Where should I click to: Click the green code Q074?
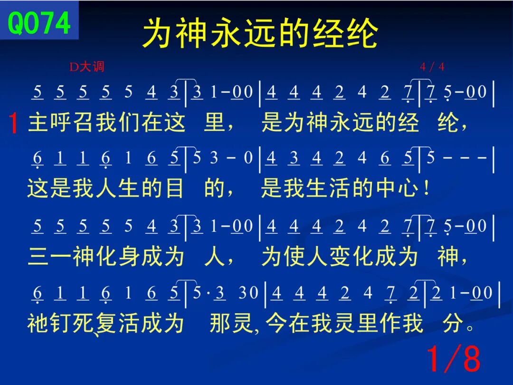click(x=39, y=22)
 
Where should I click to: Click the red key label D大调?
click(x=87, y=67)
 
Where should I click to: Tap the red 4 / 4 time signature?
click(x=432, y=67)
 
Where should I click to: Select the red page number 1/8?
click(x=454, y=358)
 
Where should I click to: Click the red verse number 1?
click(x=13, y=123)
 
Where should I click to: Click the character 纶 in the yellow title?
click(x=362, y=33)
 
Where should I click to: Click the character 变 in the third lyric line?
click(x=340, y=256)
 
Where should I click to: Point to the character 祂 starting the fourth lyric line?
click(x=38, y=323)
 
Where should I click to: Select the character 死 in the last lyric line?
click(x=83, y=323)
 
